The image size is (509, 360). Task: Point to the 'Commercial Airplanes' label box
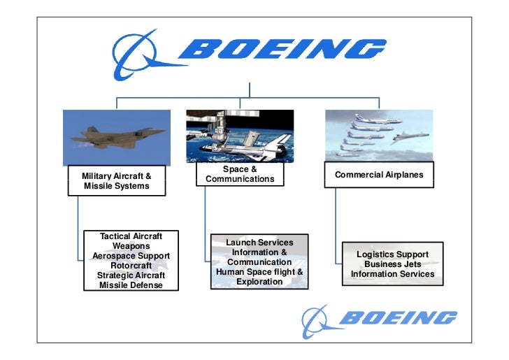pos(379,175)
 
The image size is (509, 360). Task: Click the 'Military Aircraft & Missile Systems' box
pos(117,181)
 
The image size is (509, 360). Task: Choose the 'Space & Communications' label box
pos(240,174)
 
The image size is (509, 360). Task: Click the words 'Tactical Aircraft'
pos(131,236)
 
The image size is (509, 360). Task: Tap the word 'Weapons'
pos(131,246)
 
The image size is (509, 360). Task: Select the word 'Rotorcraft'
pos(131,266)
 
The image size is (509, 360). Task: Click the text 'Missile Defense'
pos(131,285)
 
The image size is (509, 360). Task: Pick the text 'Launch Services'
pos(259,243)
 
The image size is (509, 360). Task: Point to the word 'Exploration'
pos(259,282)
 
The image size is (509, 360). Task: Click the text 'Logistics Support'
pos(392,254)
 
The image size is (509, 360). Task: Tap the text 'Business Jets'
pos(392,264)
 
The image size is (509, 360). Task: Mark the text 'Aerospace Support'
pos(131,256)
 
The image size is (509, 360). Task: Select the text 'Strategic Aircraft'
pos(131,275)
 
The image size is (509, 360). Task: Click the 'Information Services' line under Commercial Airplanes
pos(392,274)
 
